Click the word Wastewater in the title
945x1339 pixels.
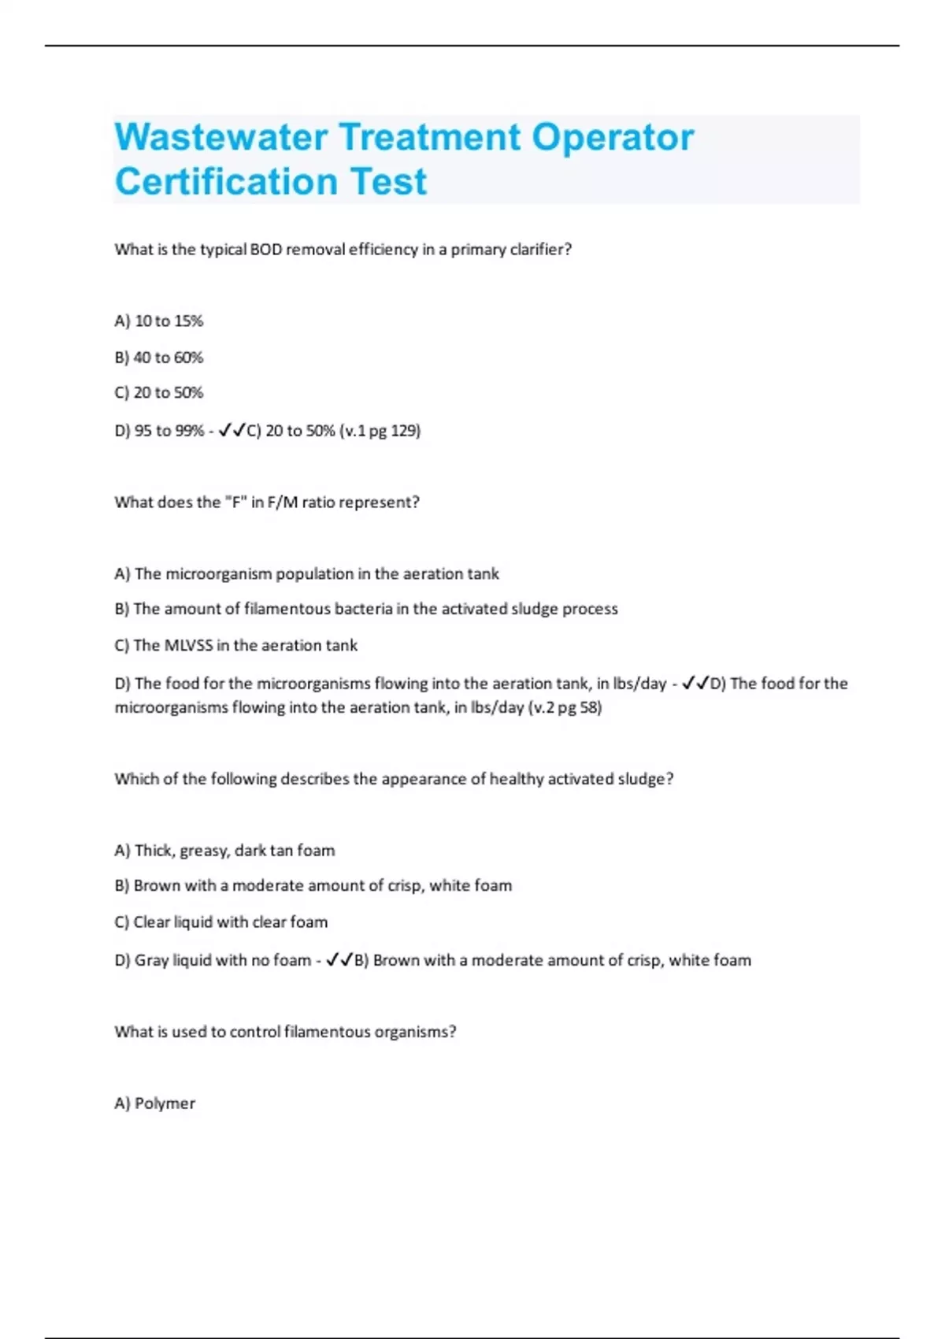click(221, 137)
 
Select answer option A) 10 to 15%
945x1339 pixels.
click(158, 321)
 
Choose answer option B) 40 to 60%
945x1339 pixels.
click(158, 358)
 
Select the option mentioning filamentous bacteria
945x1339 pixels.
click(365, 609)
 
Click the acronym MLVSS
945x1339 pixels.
click(188, 646)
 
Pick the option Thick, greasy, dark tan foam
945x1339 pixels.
click(224, 851)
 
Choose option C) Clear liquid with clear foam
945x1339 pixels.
click(220, 922)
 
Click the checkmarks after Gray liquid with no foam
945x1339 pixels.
click(339, 960)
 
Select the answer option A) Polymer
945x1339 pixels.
click(154, 1103)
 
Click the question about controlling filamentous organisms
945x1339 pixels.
click(285, 1032)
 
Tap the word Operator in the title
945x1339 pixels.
click(613, 137)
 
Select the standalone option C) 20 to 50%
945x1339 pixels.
click(158, 392)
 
